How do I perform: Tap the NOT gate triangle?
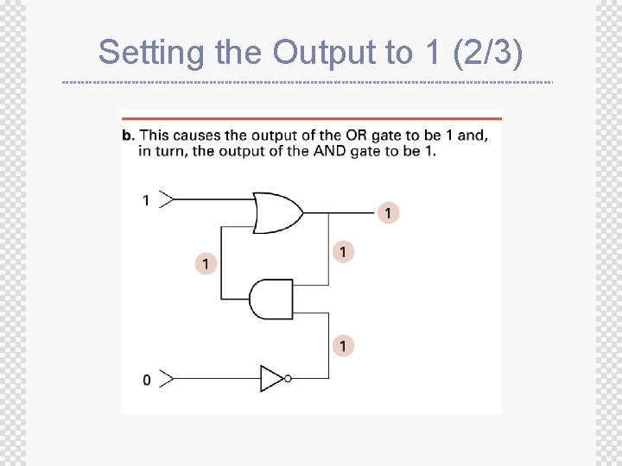pos(271,378)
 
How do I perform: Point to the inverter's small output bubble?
pos(288,378)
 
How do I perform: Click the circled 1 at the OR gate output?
pos(388,212)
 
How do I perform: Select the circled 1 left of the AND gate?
pos(206,262)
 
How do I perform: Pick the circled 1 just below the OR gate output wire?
pos(343,252)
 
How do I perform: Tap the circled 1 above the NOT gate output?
pos(343,345)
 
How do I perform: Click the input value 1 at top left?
pos(146,200)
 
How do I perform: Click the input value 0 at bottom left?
pos(146,380)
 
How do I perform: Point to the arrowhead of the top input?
pos(167,200)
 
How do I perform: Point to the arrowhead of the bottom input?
pos(167,378)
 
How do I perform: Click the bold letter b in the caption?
pos(127,135)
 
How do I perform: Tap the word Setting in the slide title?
pos(153,53)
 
